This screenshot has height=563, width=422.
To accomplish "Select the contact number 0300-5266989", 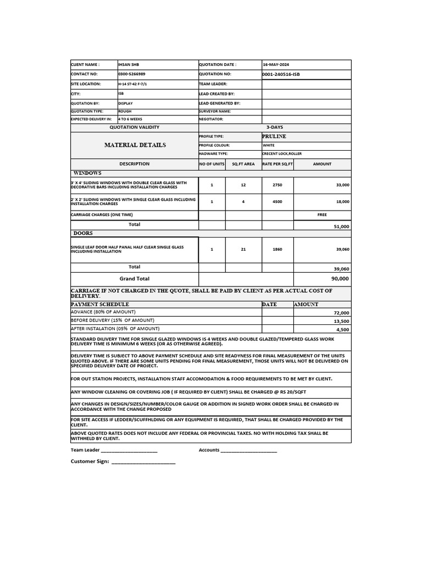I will [132, 74].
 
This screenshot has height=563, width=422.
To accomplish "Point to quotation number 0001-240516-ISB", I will [281, 74].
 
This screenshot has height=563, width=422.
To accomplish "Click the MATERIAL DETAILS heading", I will [135, 145].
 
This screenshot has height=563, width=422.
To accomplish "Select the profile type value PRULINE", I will [274, 136].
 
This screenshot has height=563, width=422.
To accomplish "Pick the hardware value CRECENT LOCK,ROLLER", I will [281, 154].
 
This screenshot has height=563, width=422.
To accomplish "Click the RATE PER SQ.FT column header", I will [277, 164].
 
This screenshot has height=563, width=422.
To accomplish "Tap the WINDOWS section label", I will [87, 173].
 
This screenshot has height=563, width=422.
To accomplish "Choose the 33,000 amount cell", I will [342, 185].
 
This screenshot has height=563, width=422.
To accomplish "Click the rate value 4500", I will [277, 202].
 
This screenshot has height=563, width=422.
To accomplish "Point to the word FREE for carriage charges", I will [322, 215].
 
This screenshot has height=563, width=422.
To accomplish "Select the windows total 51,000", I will [341, 227].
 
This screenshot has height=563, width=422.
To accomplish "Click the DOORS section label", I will [83, 233].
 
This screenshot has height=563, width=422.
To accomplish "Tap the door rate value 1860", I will [277, 249].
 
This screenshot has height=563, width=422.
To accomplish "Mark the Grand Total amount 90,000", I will [340, 279].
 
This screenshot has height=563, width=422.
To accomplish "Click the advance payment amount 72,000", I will [341, 313].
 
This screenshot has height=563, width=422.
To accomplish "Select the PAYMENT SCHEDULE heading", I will [100, 304].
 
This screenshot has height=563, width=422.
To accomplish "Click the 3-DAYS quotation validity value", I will [275, 127].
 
